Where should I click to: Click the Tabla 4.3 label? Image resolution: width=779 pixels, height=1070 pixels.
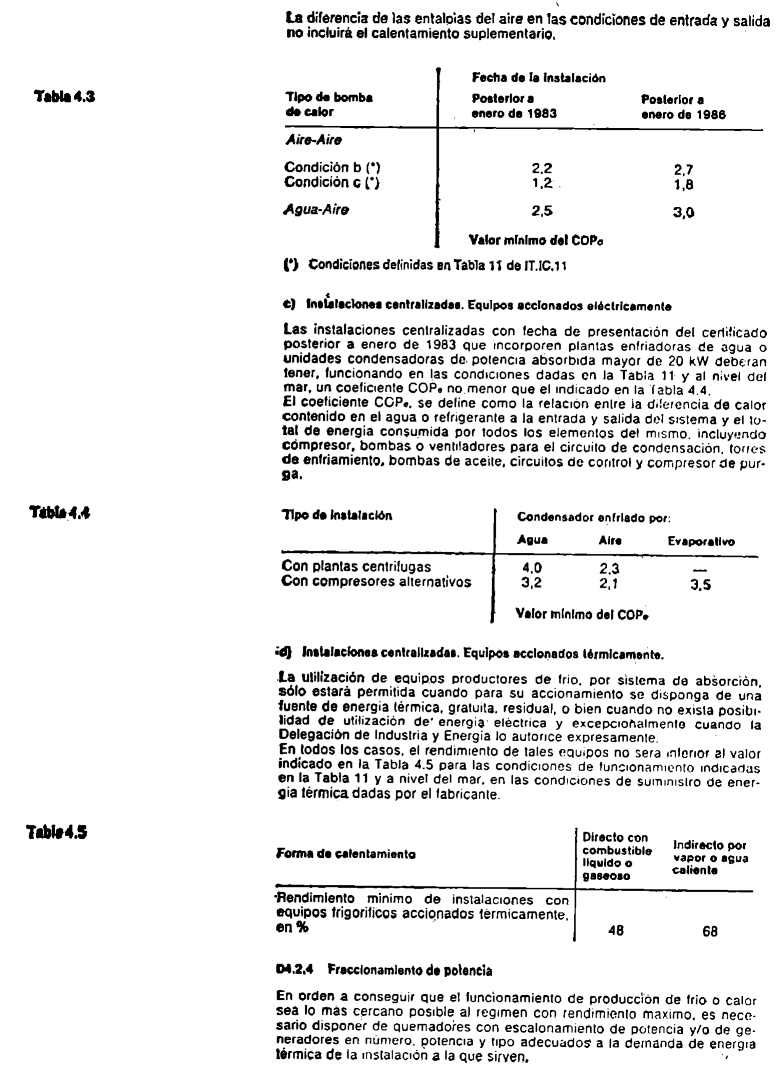(65, 97)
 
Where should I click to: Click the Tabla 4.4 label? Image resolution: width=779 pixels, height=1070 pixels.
(60, 512)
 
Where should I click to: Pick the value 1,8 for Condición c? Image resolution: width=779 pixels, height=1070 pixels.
(683, 185)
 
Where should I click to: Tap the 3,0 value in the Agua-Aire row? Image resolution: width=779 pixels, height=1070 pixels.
(683, 213)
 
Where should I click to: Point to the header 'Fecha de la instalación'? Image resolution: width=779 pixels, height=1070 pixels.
(538, 78)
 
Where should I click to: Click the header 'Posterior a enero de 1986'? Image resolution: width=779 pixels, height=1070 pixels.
(683, 107)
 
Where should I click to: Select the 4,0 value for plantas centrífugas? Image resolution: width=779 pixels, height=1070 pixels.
(531, 568)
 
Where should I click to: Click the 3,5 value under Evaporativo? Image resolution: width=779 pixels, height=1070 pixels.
(700, 585)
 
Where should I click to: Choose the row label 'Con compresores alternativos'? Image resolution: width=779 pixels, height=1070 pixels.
(376, 582)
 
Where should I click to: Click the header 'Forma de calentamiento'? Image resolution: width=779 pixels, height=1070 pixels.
(346, 854)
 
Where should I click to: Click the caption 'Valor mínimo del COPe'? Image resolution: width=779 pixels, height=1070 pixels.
(581, 614)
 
